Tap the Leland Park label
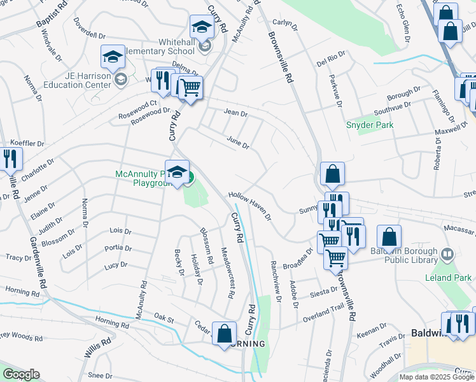pos(449,278)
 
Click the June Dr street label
pos(238,142)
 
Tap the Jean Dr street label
pos(235,113)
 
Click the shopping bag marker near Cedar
pos(224,334)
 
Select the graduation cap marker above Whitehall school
pos(201,27)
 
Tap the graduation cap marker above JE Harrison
pos(112,57)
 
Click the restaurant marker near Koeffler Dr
pos(9,158)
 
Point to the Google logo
pos(21,374)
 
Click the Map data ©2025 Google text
pos(436,377)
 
